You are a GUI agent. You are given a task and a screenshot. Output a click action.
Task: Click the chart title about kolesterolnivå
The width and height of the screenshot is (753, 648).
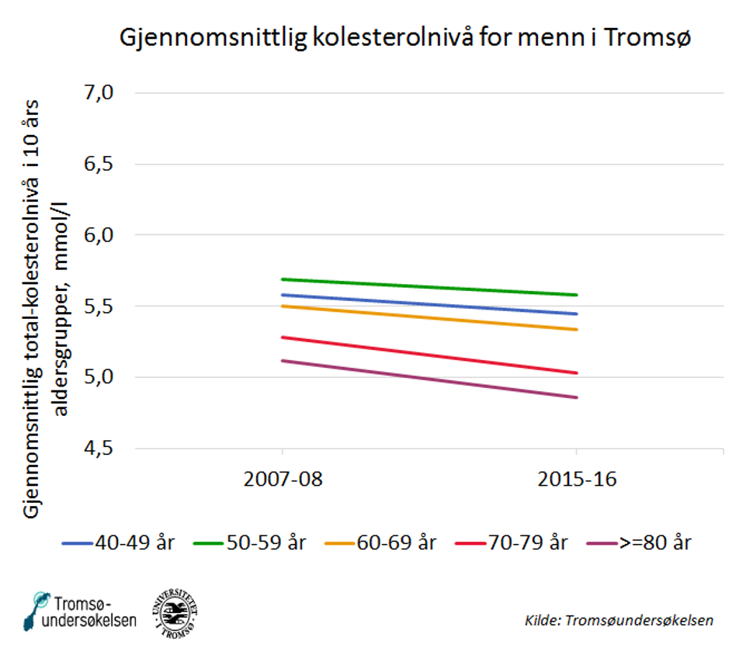[404, 38]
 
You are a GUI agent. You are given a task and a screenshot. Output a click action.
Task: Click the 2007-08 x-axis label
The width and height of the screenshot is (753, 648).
[282, 479]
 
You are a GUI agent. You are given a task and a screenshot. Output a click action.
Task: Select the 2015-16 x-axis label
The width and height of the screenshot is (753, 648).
[577, 479]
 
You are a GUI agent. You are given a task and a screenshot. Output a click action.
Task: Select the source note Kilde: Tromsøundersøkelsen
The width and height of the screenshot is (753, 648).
[619, 620]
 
